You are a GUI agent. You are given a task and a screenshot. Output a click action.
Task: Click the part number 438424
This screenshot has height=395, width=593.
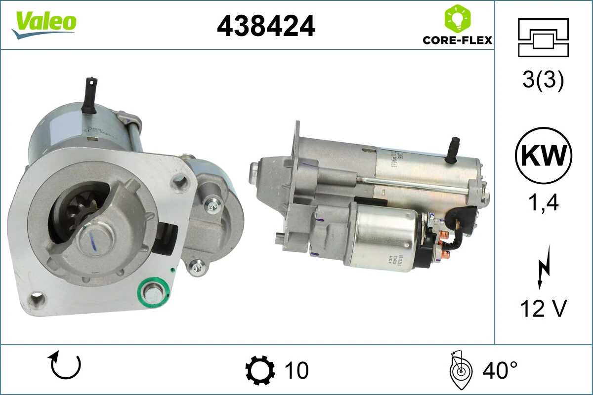pyautogui.click(x=266, y=26)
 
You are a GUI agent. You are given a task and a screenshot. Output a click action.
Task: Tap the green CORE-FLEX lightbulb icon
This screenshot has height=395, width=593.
pyautogui.click(x=457, y=18)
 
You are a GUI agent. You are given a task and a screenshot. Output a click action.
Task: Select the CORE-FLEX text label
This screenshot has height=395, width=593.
pyautogui.click(x=457, y=39)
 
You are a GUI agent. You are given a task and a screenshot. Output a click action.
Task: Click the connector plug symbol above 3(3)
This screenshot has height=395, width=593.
pyautogui.click(x=543, y=37)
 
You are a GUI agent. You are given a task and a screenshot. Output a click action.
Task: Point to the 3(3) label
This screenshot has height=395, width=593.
pyautogui.click(x=543, y=80)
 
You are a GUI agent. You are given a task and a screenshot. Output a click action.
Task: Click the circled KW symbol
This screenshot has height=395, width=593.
pyautogui.click(x=543, y=156)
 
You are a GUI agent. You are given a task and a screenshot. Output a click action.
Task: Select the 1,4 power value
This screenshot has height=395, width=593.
pyautogui.click(x=543, y=202)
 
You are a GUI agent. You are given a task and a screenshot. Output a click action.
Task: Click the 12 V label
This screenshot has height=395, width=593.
pyautogui.click(x=543, y=309)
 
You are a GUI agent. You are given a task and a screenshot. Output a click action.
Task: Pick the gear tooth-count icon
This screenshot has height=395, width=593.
pyautogui.click(x=260, y=370)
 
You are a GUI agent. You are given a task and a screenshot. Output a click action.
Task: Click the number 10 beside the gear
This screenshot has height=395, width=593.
pyautogui.click(x=296, y=370)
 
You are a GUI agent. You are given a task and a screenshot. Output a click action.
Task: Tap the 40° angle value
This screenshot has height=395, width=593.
pyautogui.click(x=500, y=370)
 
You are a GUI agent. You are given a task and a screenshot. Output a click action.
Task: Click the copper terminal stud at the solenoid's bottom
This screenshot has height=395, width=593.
pyautogui.click(x=445, y=255)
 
